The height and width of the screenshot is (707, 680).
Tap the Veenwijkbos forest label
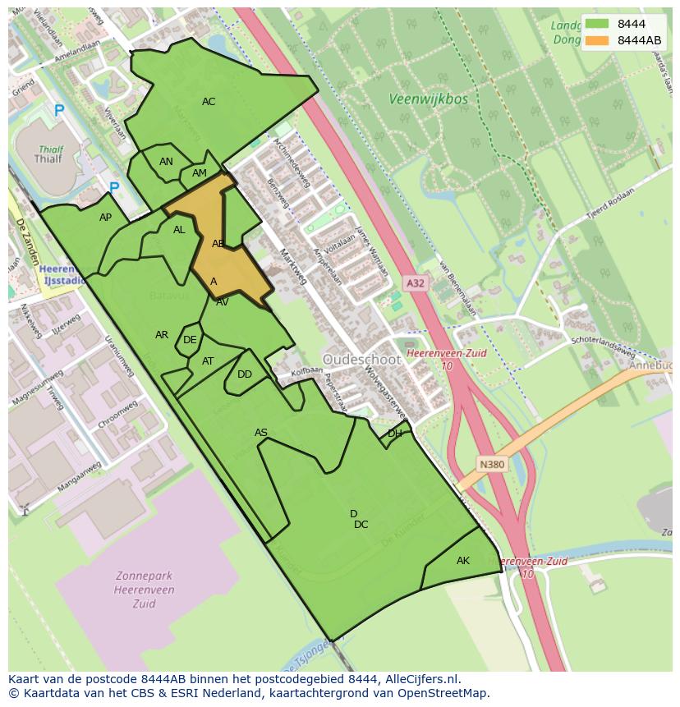coord(428,99)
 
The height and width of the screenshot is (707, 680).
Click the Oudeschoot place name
coord(361,360)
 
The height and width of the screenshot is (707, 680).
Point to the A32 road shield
coord(416,283)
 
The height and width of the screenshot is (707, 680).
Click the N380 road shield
coord(492,465)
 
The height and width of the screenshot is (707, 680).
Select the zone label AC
coord(209,102)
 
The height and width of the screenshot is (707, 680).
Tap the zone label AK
coord(463,561)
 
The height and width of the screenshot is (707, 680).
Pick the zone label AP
coord(105,218)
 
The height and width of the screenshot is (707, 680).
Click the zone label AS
coord(261,433)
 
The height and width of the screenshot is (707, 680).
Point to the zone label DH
coord(395,434)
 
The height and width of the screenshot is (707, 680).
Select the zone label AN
coord(166,162)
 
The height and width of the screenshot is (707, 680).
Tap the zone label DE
coord(190,340)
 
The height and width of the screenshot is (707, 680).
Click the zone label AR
coord(162,335)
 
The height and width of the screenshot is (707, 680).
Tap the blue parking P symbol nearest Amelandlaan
coord(58,110)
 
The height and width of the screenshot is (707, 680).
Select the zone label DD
coord(245,374)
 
